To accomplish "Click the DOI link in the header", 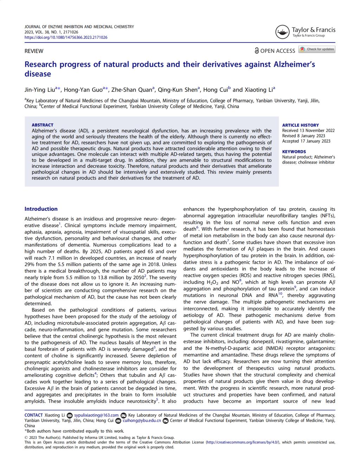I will coord(66,37).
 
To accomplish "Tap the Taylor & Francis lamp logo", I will coord(283,32).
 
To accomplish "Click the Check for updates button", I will coord(317,49).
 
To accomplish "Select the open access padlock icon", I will coord(257,51).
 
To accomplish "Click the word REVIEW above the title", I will coord(34,51).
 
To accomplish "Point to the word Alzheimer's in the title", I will coord(294,64).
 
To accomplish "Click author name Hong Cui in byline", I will coord(215,89).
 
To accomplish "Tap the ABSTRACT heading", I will coord(43,125).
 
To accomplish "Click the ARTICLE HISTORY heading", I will coord(300,125).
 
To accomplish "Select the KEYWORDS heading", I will coord(294,152).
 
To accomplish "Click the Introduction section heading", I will coord(41,209).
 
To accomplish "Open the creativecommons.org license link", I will coord(243,442).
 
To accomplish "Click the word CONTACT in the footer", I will coord(33,415).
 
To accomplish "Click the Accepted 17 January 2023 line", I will coord(306,141).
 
